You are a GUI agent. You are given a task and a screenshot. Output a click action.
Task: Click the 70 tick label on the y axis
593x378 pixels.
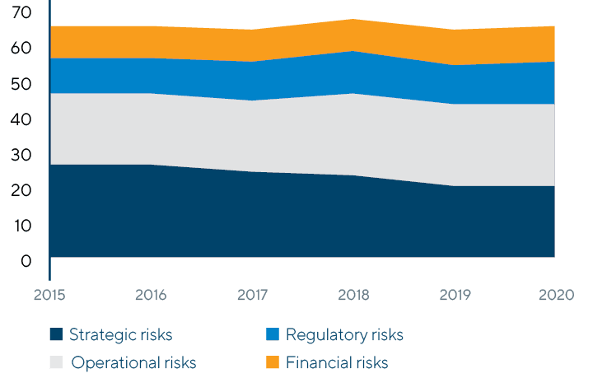click(x=22, y=13)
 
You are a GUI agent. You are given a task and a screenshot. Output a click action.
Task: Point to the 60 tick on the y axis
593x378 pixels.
click(x=22, y=49)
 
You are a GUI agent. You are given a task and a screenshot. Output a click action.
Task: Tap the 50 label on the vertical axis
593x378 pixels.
click(x=22, y=84)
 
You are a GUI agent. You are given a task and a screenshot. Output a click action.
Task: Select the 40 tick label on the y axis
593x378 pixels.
click(x=22, y=119)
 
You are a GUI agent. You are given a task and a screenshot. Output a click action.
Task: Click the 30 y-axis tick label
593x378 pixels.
click(x=22, y=155)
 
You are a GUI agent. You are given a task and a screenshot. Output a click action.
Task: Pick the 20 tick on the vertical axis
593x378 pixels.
click(x=22, y=190)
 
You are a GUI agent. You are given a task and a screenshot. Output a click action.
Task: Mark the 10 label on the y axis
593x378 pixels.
click(x=22, y=226)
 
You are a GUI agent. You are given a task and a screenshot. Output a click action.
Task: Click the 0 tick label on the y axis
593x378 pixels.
click(x=26, y=261)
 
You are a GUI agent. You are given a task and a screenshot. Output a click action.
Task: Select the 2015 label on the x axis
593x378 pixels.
click(x=51, y=294)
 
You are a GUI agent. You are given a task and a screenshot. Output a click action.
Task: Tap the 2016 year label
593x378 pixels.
click(x=152, y=294)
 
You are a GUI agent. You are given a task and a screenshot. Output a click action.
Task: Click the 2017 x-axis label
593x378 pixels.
click(x=252, y=294)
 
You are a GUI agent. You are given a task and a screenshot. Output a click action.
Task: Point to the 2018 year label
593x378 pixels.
click(x=353, y=294)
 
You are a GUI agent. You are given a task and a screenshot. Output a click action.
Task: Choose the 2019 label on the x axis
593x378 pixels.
click(x=454, y=294)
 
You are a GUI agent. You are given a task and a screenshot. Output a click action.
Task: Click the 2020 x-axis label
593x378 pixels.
click(x=553, y=294)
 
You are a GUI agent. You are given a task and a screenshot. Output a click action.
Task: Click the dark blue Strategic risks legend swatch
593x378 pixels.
click(x=56, y=334)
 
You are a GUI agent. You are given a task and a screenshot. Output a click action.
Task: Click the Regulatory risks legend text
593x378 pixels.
click(x=344, y=334)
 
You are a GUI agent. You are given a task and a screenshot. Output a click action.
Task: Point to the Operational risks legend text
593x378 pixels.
click(x=133, y=362)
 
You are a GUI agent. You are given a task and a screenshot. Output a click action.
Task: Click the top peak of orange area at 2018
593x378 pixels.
click(x=353, y=19)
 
